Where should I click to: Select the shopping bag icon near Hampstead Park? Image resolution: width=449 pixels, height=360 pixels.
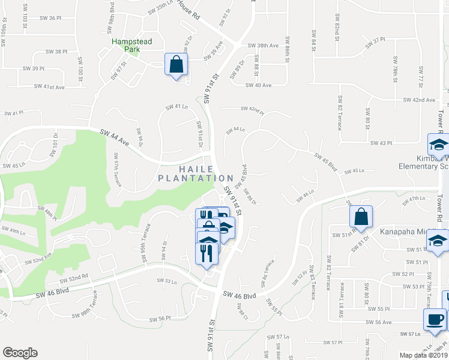tap(176, 65)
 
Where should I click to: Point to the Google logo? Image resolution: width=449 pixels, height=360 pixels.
tap(20, 353)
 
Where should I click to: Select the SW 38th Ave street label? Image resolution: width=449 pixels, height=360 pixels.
tap(264, 46)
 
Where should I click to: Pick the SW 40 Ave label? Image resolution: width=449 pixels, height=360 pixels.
tap(258, 85)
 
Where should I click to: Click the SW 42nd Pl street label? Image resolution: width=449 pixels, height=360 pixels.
tap(252, 109)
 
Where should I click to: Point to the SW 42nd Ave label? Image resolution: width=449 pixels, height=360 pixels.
tap(419, 100)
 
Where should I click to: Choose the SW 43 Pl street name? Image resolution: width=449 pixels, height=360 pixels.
tap(381, 143)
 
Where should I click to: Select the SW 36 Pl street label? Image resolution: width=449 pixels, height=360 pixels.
tap(51, 18)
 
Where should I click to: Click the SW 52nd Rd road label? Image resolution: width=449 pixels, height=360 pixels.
tap(74, 279)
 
